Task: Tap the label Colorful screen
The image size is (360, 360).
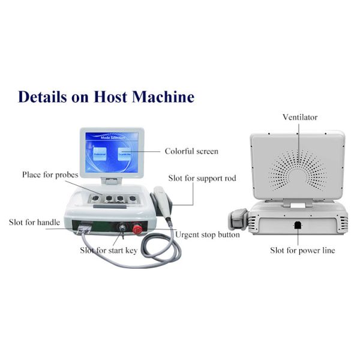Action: (191, 151)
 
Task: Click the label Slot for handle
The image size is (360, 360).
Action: (34, 222)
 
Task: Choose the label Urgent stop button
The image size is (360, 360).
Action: (207, 235)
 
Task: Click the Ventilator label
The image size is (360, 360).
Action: (299, 117)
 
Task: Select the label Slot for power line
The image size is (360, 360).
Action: (302, 250)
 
